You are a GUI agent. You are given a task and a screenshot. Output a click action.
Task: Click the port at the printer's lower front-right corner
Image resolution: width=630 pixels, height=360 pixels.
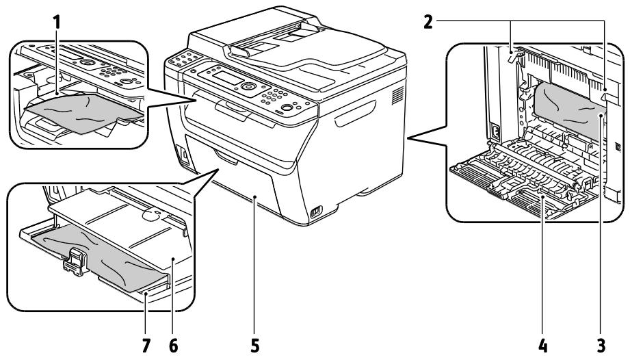pyautogui.click(x=315, y=214)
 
